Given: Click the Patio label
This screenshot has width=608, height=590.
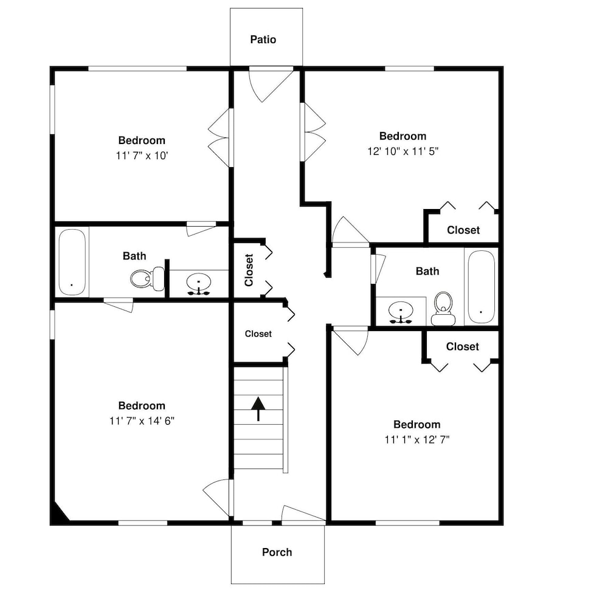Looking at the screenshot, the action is click(263, 39).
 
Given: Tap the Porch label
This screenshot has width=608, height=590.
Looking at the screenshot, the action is click(277, 552).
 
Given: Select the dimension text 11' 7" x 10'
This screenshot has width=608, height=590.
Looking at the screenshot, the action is click(142, 156).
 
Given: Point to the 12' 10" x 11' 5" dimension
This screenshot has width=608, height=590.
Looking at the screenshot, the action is click(403, 151).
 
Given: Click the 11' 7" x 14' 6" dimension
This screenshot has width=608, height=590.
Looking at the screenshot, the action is click(142, 420).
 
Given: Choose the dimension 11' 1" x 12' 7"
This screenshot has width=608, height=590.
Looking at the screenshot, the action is click(417, 440).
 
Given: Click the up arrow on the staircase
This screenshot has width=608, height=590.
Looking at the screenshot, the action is click(258, 409).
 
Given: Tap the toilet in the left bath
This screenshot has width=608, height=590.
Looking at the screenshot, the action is click(147, 278).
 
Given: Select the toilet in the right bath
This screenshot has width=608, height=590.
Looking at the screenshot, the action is click(443, 309).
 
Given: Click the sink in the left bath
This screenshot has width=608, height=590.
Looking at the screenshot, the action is click(199, 284).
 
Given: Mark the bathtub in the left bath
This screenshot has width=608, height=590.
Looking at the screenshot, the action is click(72, 262).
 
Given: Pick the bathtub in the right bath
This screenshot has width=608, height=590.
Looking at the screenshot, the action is click(481, 287).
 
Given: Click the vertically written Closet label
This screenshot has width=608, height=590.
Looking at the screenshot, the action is click(249, 270).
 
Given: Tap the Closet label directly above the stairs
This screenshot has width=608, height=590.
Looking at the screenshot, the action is click(258, 334).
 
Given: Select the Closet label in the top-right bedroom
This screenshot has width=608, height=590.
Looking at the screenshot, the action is click(463, 230).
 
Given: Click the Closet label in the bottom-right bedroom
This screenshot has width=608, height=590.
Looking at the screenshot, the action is click(463, 346).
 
